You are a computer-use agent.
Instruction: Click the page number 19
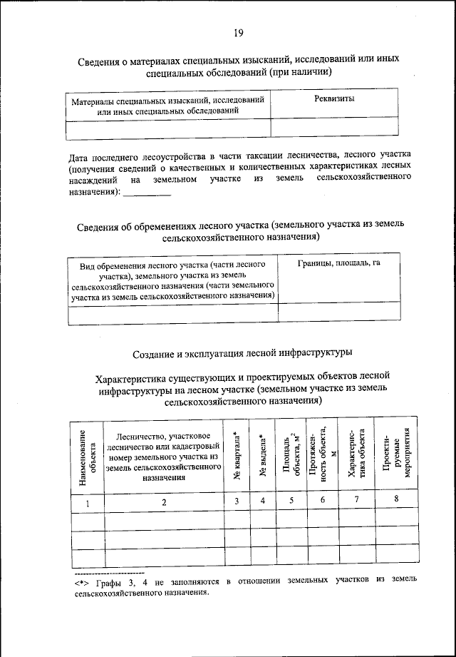coord(239,33)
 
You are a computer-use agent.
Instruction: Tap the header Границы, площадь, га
coord(338,264)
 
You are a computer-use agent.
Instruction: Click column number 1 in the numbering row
coord(88,502)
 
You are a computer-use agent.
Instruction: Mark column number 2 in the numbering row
coord(164,502)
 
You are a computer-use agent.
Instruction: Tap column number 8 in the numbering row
coord(396,501)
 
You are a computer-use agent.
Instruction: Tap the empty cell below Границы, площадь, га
coord(338,313)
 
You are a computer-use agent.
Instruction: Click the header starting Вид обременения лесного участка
coord(173,279)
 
